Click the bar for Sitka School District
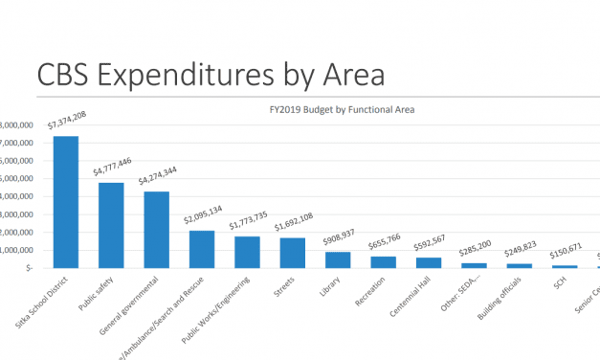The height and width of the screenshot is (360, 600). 66,202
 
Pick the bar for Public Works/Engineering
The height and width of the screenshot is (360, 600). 247,252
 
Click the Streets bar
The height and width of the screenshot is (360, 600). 292,253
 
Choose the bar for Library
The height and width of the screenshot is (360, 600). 338,259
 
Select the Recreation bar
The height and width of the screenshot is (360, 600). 383,262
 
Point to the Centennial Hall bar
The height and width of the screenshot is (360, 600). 428,262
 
